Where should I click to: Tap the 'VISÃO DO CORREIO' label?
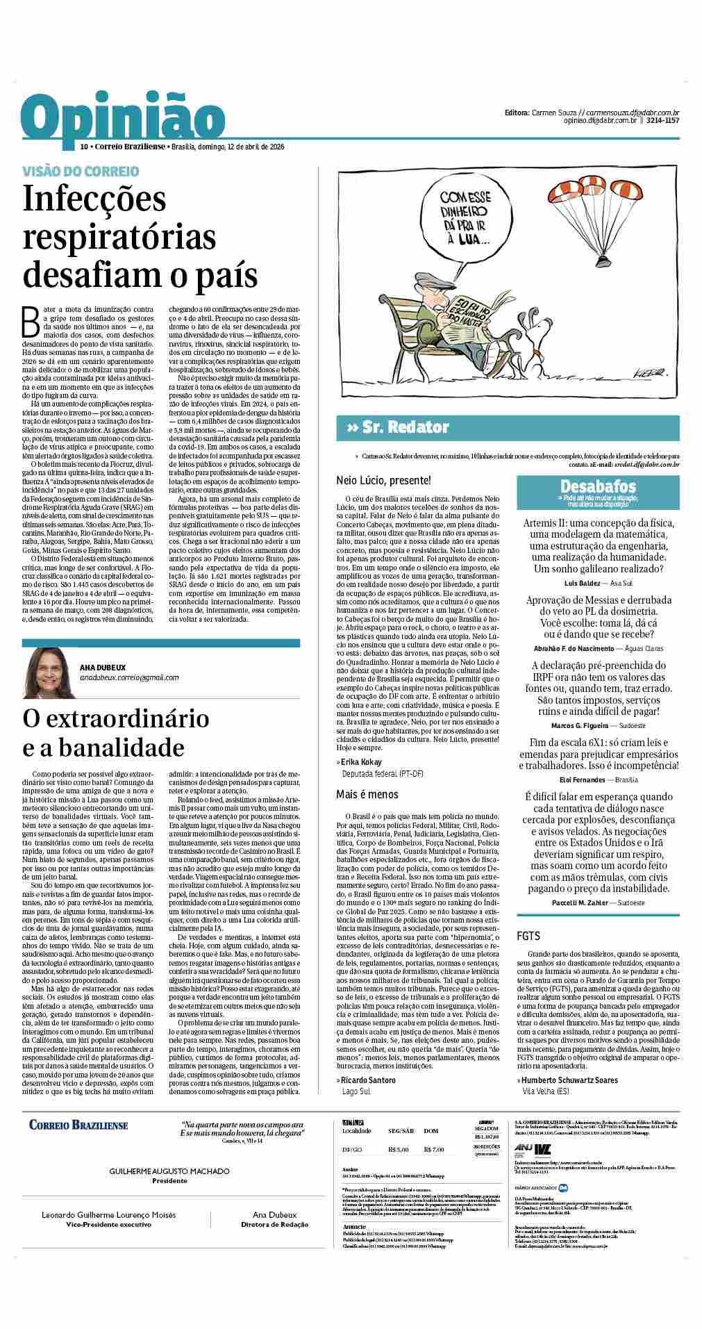[x=81, y=171]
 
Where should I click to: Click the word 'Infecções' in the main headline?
[x=94, y=200]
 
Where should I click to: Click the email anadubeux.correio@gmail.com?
[x=129, y=677]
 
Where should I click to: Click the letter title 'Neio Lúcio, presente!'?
[x=383, y=480]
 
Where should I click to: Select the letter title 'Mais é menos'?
[x=367, y=793]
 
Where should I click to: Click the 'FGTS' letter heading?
[x=528, y=936]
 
